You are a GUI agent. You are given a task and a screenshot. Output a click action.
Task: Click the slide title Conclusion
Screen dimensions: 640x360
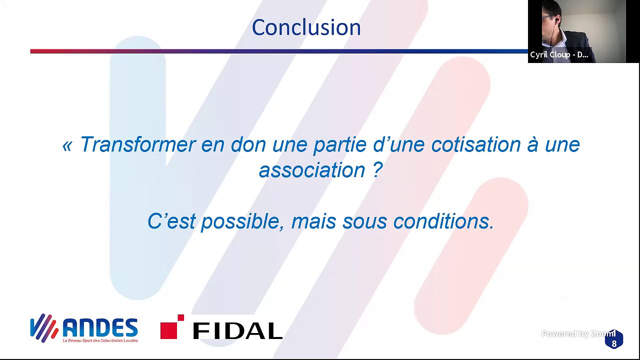(x=306, y=27)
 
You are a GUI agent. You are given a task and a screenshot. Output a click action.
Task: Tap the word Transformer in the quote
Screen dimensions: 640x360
(x=138, y=144)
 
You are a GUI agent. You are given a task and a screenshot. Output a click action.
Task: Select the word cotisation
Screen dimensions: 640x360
(x=475, y=144)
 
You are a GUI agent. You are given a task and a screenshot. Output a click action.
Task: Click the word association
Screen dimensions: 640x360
(x=312, y=170)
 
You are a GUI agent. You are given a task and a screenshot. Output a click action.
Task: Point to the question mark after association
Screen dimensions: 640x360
(x=377, y=169)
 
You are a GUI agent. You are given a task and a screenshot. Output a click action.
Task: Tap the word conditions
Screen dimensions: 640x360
(x=443, y=221)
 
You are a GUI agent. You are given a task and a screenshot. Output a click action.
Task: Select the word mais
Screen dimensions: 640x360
(x=313, y=221)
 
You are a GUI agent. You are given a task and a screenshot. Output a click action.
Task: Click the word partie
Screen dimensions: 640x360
(x=340, y=145)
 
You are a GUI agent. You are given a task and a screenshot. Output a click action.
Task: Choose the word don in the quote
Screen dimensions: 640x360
(x=248, y=144)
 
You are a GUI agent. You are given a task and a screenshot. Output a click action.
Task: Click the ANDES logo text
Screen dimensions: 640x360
(x=100, y=327)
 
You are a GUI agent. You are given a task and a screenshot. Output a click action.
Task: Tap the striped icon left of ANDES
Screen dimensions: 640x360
(x=44, y=327)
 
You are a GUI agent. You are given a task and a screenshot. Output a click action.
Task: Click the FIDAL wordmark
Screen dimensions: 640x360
(x=237, y=331)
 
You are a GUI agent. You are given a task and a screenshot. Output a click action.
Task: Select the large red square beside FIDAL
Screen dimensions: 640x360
(x=169, y=330)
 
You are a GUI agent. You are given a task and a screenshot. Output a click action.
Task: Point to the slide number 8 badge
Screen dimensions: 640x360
(x=614, y=339)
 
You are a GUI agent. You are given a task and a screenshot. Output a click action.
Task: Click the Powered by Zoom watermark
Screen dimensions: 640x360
(x=578, y=333)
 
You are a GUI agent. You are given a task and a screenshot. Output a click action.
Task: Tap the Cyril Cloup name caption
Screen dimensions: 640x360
(x=559, y=54)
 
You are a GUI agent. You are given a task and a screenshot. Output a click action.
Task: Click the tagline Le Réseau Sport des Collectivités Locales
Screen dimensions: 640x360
(x=100, y=340)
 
